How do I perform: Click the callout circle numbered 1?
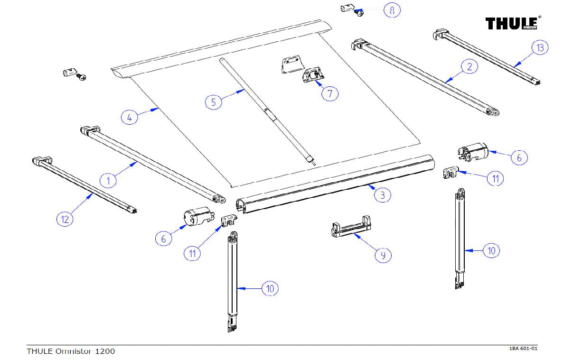(x=108, y=180)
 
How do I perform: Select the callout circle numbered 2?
(x=469, y=66)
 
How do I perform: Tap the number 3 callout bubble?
(x=383, y=194)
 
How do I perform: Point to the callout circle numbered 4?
(x=130, y=116)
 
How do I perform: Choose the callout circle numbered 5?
(x=214, y=102)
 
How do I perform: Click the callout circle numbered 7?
(x=329, y=93)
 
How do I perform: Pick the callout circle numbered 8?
(x=392, y=10)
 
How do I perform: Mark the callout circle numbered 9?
(x=383, y=255)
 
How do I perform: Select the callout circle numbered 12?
(x=65, y=219)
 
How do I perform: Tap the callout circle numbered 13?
(x=540, y=47)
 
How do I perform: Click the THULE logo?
(x=512, y=23)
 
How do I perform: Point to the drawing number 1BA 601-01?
(x=523, y=349)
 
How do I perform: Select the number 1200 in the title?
(x=105, y=351)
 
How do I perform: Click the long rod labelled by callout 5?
(x=266, y=111)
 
